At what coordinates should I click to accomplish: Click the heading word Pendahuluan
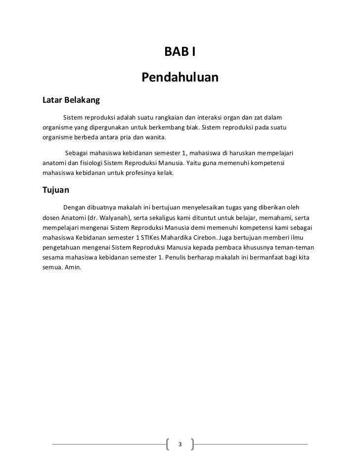click(x=180, y=78)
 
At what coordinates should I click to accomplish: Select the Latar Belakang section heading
click(x=71, y=100)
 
